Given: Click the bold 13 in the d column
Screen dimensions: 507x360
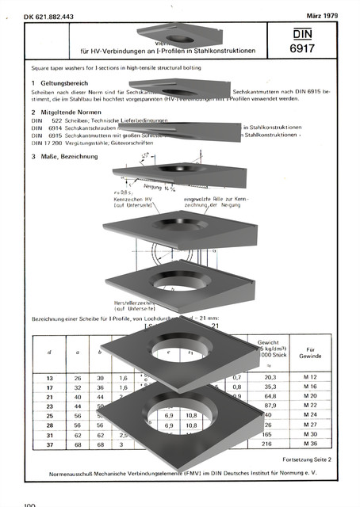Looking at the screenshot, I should tap(50, 379).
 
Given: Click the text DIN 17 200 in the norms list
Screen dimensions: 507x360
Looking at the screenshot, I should tap(45, 143).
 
